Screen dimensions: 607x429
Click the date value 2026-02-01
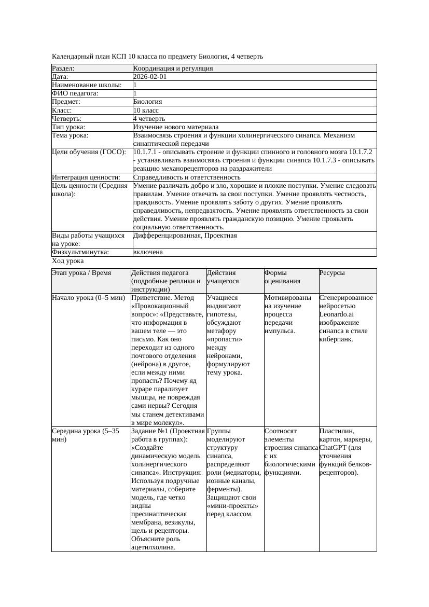click(x=150, y=76)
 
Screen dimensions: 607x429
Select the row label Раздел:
click(x=63, y=68)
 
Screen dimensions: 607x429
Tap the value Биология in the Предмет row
click(x=147, y=102)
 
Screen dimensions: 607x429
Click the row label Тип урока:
click(x=68, y=127)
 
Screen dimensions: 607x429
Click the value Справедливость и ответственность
click(x=187, y=177)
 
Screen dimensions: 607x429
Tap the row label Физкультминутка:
click(x=80, y=252)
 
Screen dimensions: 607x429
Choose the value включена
click(x=148, y=252)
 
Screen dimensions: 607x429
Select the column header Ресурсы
click(x=332, y=273)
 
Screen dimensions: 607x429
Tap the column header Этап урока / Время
click(x=81, y=273)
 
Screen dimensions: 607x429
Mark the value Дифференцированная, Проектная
click(x=185, y=236)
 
